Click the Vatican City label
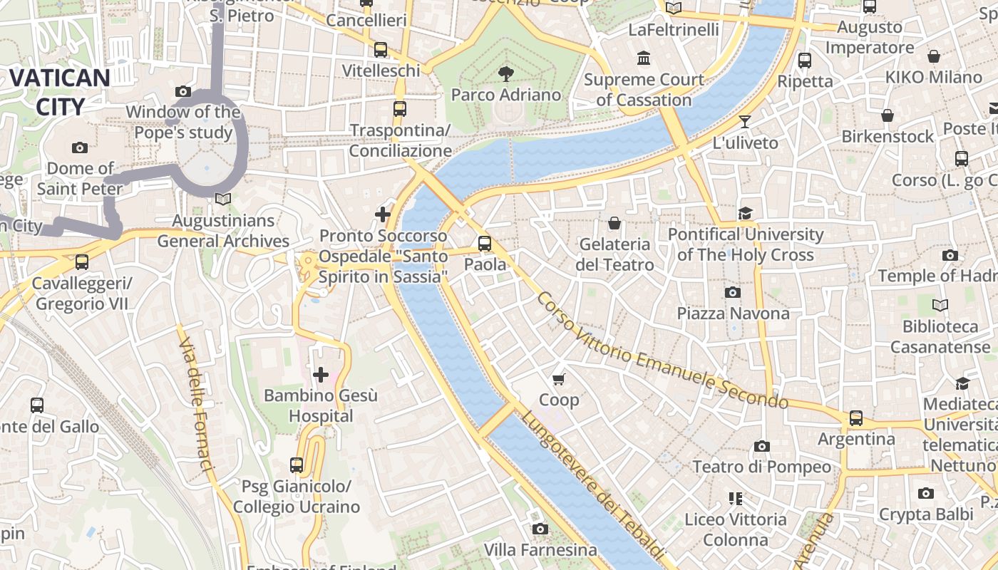click(x=60, y=92)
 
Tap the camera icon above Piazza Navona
click(x=732, y=292)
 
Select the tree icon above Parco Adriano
click(x=506, y=73)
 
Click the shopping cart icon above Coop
click(x=559, y=378)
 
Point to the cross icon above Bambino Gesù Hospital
click(x=321, y=374)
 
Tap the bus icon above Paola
click(x=485, y=244)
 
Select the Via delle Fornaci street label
click(x=197, y=405)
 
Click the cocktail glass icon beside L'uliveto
click(x=745, y=122)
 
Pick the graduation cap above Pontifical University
click(x=746, y=213)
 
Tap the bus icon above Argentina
click(x=855, y=418)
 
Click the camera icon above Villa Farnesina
click(x=540, y=529)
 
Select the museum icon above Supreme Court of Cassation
click(x=644, y=58)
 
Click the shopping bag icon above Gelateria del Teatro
click(x=614, y=224)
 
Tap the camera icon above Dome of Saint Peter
click(x=80, y=147)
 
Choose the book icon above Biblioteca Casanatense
click(x=940, y=306)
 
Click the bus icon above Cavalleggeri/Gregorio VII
click(x=82, y=262)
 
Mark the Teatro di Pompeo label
click(x=762, y=467)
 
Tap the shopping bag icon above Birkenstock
click(x=888, y=115)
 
